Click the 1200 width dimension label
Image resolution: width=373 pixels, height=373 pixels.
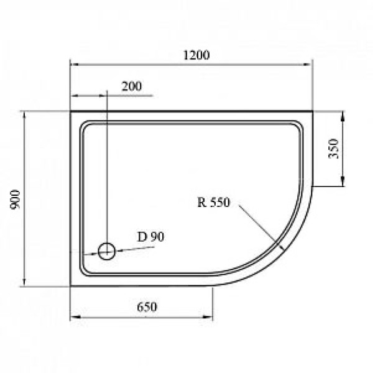point(196,55)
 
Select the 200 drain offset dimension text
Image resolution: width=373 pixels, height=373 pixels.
point(131,86)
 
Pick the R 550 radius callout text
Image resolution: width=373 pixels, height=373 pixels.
point(214,201)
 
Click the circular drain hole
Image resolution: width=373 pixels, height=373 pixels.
point(107,251)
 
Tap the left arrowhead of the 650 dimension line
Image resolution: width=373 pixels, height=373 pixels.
point(74,317)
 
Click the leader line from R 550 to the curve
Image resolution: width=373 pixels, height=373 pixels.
point(258,226)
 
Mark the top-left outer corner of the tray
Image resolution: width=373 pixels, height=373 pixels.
point(71,113)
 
